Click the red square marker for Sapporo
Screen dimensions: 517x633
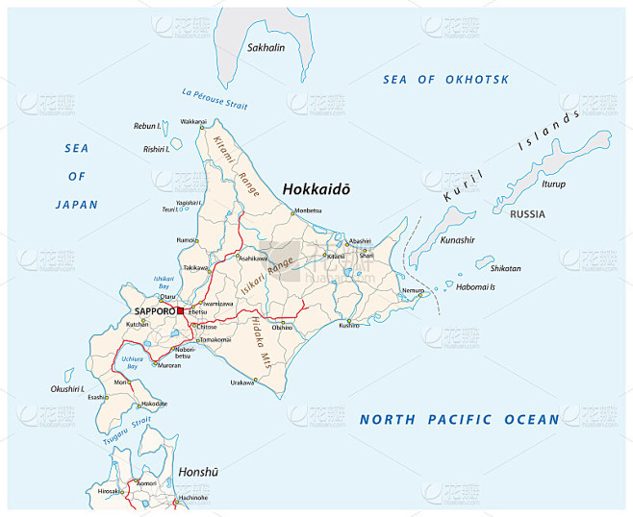click(x=181, y=311)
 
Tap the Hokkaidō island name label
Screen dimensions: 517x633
click(x=316, y=190)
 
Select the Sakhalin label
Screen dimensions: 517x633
click(x=266, y=47)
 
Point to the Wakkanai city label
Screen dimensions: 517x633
click(x=192, y=122)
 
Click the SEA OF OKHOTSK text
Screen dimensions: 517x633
click(x=445, y=80)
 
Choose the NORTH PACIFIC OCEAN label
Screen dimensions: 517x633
click(x=458, y=419)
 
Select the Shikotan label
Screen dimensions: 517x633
click(x=505, y=268)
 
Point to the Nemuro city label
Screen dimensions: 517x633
click(x=412, y=289)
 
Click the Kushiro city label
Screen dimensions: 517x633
click(x=348, y=326)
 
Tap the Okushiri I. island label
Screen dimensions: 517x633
click(x=68, y=388)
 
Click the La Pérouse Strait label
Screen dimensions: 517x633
click(x=215, y=98)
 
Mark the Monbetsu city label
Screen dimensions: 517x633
click(x=308, y=210)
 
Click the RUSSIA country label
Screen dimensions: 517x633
click(x=527, y=214)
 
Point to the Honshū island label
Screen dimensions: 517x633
click(x=198, y=472)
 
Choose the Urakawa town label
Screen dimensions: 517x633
click(x=242, y=382)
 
